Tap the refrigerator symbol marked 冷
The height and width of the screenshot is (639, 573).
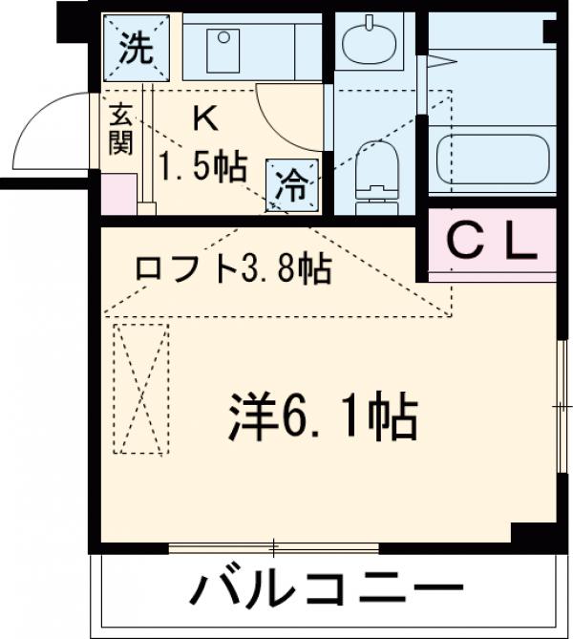[291, 181]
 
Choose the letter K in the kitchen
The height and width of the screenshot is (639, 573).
[203, 119]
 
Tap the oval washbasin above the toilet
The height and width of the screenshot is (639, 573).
[372, 41]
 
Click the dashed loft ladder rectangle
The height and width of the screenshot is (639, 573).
[141, 390]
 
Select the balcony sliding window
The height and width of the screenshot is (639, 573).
[273, 548]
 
